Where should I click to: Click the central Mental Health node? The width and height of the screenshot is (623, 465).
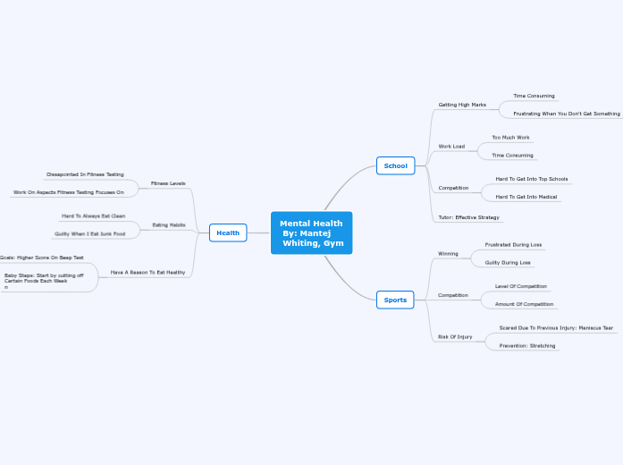[x=311, y=232]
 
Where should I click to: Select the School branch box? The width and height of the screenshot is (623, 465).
[x=395, y=165]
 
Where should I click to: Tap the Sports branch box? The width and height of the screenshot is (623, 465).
[x=395, y=300]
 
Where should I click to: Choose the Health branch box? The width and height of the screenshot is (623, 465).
[x=228, y=232]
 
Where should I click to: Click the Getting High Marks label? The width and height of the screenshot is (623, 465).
[x=462, y=105]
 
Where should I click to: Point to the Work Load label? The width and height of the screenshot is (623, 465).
[x=451, y=146]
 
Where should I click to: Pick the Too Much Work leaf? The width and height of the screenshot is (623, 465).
[x=510, y=138]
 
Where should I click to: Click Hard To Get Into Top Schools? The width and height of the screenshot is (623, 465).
[x=531, y=179]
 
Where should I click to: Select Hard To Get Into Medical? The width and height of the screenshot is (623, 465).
[x=526, y=197]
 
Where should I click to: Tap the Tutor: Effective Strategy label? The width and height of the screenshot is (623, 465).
[x=468, y=217]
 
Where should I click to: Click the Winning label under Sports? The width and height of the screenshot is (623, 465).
[x=448, y=254]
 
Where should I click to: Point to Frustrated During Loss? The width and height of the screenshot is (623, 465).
[x=513, y=244]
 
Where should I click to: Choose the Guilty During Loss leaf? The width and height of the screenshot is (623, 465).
[x=508, y=263]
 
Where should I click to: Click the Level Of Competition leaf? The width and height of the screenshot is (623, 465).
[x=521, y=286]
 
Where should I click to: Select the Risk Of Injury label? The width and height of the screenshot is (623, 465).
[x=455, y=337]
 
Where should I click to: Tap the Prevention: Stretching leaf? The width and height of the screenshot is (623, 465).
[x=526, y=345]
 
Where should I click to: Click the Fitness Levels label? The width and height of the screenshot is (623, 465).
[x=168, y=183]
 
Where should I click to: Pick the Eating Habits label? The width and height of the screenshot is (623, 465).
[x=169, y=224]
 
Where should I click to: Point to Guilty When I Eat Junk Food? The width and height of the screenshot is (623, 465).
[x=89, y=233]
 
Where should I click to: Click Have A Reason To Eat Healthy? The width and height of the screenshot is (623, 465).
[x=147, y=272]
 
